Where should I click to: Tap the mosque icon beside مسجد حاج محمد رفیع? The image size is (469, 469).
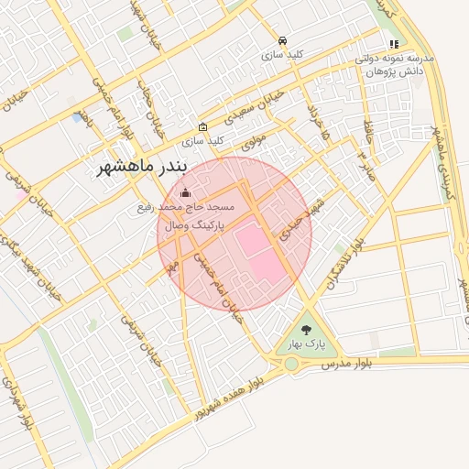pyautogui.click(x=186, y=192)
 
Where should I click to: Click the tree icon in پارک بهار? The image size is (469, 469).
pyautogui.click(x=305, y=327)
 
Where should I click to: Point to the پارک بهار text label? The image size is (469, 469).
pyautogui.click(x=305, y=344)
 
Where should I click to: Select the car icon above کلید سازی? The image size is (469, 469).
pyautogui.click(x=284, y=41)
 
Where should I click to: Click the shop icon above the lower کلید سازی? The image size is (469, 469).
pyautogui.click(x=202, y=127)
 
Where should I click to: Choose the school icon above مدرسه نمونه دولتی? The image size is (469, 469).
pyautogui.click(x=394, y=43)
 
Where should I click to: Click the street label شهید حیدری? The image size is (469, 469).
pyautogui.click(x=290, y=219)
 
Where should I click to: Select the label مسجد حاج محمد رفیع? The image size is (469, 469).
pyautogui.click(x=198, y=208)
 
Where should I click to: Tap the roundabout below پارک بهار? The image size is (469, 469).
pyautogui.click(x=291, y=364)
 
